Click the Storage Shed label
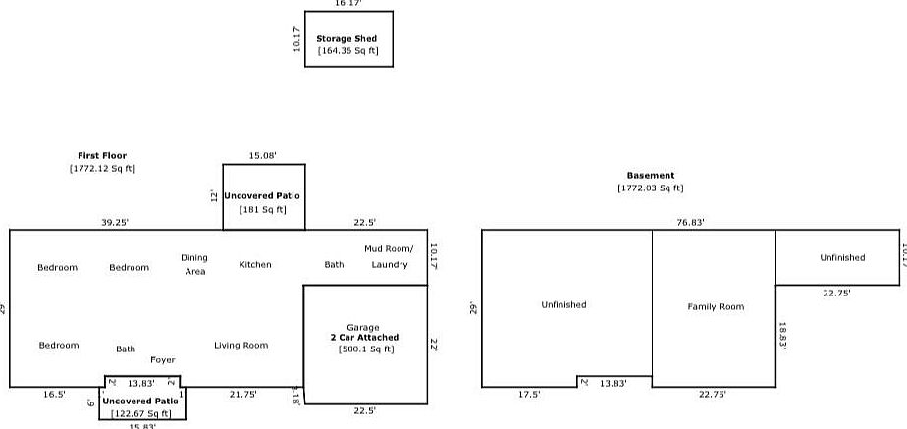coord(347,39)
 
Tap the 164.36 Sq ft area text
coord(348,51)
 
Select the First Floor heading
coord(102,155)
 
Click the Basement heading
coord(651,176)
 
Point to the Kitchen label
coord(255,265)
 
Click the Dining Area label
coord(194,265)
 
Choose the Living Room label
coord(241,346)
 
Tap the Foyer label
coord(163,360)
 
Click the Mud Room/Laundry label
coord(390,257)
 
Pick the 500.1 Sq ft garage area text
coord(366,349)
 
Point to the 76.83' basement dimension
coord(690,223)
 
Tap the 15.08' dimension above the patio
coord(262,155)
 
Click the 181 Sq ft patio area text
coord(263,209)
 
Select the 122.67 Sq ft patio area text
coord(140,414)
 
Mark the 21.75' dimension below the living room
coord(242,394)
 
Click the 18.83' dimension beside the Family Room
coord(783,336)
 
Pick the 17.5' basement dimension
coord(529,394)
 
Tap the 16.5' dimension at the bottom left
coord(54,394)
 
